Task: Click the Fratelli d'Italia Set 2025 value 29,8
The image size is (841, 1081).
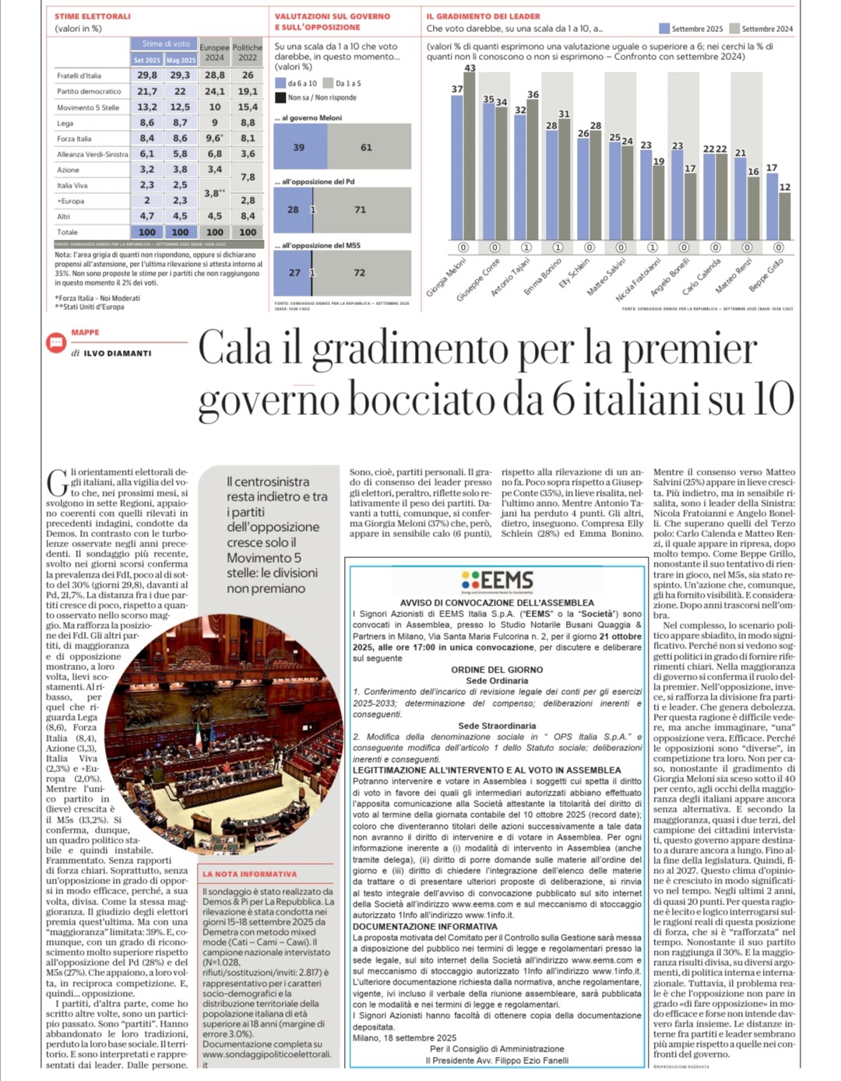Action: (x=147, y=75)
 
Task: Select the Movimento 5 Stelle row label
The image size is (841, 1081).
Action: (x=88, y=107)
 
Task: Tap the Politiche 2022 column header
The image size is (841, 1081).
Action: (x=248, y=52)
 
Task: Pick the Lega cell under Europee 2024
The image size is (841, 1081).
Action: (x=214, y=122)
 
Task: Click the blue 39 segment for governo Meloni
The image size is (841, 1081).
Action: (x=300, y=147)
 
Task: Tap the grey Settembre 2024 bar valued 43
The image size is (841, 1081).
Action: (x=470, y=156)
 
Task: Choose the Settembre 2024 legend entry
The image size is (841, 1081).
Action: (x=762, y=29)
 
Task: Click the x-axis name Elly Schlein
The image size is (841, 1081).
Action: (x=575, y=275)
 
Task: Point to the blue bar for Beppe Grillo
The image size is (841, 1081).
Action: (x=772, y=206)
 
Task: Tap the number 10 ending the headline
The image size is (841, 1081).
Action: (x=771, y=400)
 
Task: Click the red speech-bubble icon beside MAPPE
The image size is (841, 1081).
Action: (x=56, y=342)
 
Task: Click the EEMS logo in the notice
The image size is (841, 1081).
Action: (x=497, y=581)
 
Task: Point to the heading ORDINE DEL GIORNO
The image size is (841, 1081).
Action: (x=497, y=669)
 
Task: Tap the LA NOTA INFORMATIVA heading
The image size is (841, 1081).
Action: (x=250, y=874)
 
